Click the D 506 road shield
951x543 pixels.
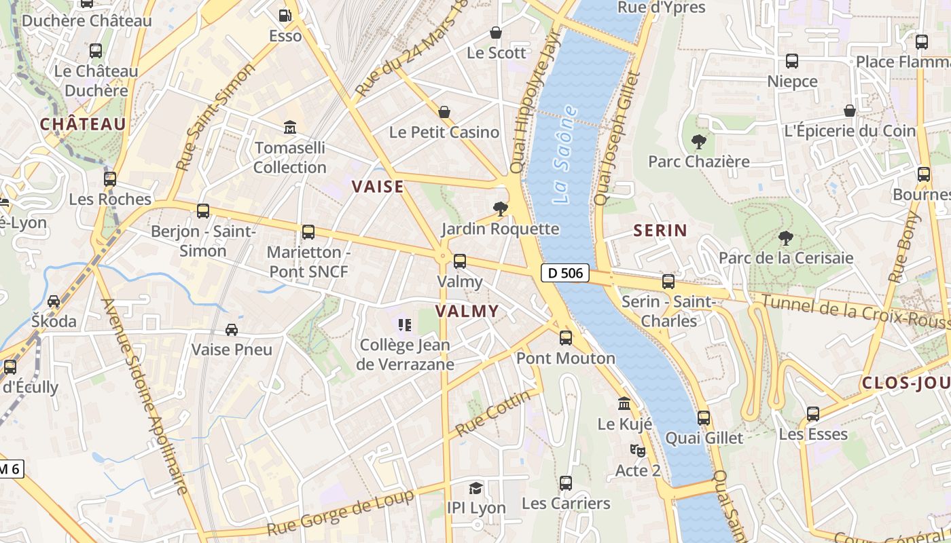pos(564,274)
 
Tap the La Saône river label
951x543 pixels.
pos(565,155)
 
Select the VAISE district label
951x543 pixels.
pos(378,187)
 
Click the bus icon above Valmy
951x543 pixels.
pos(460,261)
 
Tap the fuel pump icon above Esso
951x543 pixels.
pos(285,15)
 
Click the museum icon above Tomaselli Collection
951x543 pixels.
pos(290,127)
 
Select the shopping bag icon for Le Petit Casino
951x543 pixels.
pos(444,112)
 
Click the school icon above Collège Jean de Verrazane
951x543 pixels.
pos(405,325)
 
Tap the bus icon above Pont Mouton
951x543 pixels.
pos(566,337)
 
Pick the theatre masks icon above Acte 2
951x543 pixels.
pos(638,450)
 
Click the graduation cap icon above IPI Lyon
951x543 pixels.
pos(476,488)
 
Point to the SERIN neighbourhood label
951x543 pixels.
pos(660,231)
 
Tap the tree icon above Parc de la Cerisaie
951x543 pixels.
pos(786,238)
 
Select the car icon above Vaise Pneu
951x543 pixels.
pos(232,329)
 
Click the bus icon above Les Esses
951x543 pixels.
pos(813,413)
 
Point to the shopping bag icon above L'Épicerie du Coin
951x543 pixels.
pos(849,111)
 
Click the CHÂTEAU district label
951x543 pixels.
pos(83,124)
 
